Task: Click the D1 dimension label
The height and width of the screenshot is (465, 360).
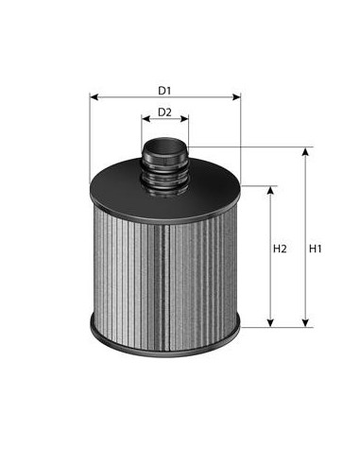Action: pos(164,91)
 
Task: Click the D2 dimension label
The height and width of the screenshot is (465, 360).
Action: pos(164,112)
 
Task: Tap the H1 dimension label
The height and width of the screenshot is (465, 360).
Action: pos(317,250)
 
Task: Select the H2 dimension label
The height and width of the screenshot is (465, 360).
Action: pos(280,250)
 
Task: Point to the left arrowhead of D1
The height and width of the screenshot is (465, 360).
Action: pos(94,97)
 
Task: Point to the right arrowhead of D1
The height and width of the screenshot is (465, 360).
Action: pos(237,97)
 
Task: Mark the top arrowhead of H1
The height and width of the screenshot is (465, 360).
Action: pos(304,150)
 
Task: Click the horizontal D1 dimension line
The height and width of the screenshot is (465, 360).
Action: pos(123,97)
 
